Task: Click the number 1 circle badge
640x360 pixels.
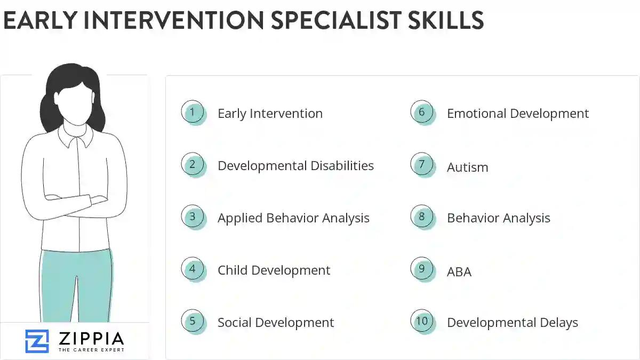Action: [x=193, y=112]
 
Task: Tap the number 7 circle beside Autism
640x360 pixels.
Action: [x=422, y=164]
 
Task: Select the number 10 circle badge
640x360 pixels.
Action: [x=422, y=321]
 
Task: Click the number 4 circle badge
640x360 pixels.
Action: [x=193, y=269]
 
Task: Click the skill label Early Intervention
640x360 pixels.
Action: [x=270, y=114]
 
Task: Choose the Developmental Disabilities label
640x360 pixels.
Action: [x=295, y=166]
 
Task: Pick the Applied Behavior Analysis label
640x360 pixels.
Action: [x=293, y=218]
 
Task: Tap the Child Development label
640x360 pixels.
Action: [x=274, y=270]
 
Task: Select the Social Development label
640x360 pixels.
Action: [x=276, y=323]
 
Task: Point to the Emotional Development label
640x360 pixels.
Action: [x=517, y=114]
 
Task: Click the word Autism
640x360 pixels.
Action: [x=467, y=167]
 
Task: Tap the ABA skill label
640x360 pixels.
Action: [x=459, y=272]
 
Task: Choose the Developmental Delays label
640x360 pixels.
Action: [x=512, y=323]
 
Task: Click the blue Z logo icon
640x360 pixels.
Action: [x=37, y=341]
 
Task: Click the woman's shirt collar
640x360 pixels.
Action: [x=75, y=138]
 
